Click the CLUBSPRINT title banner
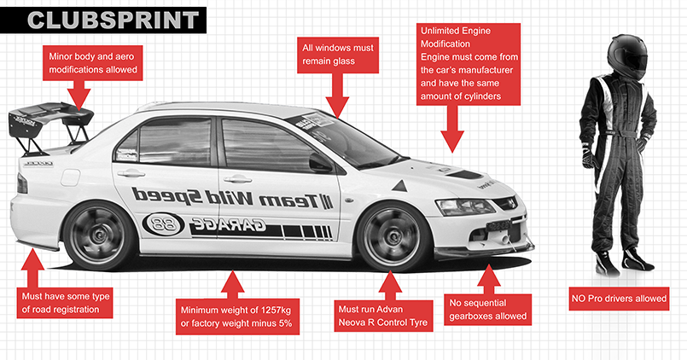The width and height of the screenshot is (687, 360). point(103,20)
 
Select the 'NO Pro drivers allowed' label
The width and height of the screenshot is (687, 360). point(619,299)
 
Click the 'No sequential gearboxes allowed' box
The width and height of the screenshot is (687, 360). point(487,310)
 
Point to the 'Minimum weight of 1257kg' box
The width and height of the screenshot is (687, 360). point(237,316)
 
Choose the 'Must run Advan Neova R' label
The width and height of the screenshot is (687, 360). point(383,316)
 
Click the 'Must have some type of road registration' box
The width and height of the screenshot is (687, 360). point(64,303)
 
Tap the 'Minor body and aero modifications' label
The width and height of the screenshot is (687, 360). point(93,63)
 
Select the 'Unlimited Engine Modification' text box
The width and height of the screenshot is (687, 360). point(469,64)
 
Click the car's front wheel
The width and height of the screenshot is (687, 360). point(392,237)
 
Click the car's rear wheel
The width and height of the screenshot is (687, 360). point(100,235)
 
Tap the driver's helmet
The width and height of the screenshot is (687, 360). point(627,56)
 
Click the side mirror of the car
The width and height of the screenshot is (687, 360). point(320,162)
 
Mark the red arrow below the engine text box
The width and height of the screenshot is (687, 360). point(452,129)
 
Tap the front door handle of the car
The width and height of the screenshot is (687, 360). point(237,179)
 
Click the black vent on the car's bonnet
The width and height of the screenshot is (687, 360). point(465,174)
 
